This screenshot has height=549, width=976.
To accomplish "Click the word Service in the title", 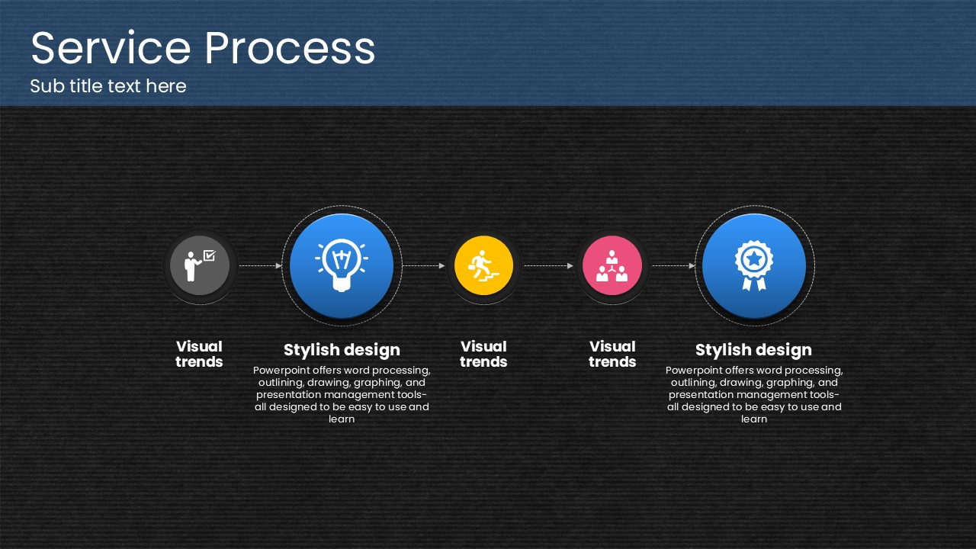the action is pyautogui.click(x=111, y=48).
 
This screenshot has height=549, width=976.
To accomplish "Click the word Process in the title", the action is pyautogui.click(x=291, y=48).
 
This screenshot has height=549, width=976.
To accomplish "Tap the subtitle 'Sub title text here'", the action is pyautogui.click(x=108, y=86).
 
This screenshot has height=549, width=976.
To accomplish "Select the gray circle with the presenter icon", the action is pyautogui.click(x=200, y=265).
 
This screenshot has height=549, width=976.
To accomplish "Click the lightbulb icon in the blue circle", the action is pyautogui.click(x=342, y=265).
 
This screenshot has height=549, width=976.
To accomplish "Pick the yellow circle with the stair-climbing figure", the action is pyautogui.click(x=483, y=265).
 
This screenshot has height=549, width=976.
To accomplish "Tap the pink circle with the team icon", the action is pyautogui.click(x=612, y=265).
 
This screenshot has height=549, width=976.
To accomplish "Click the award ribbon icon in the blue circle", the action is pyautogui.click(x=754, y=265).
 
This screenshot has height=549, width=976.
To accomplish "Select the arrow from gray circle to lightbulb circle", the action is pyautogui.click(x=261, y=265).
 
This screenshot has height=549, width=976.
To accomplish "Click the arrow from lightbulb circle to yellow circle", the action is pyautogui.click(x=424, y=265).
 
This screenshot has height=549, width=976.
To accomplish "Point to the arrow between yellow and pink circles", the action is pyautogui.click(x=548, y=265).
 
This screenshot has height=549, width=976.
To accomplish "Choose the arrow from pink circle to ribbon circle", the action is pyautogui.click(x=673, y=265).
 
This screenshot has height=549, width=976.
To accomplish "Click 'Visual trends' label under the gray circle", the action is pyautogui.click(x=199, y=355).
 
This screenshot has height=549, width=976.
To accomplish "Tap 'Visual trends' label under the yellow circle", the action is pyautogui.click(x=483, y=355).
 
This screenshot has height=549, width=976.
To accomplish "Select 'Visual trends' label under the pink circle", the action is pyautogui.click(x=612, y=355).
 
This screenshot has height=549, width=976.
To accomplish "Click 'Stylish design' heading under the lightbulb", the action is pyautogui.click(x=342, y=350).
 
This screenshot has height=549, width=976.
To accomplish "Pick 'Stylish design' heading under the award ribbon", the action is pyautogui.click(x=754, y=350).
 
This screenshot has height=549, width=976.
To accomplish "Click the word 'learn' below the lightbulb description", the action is pyautogui.click(x=342, y=419).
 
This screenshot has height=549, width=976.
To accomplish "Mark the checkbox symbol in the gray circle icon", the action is pyautogui.click(x=210, y=255).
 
